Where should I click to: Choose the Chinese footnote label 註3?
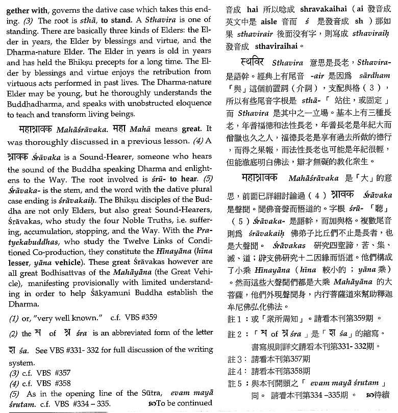234,358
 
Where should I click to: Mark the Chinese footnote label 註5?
234,382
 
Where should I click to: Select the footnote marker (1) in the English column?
14,317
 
